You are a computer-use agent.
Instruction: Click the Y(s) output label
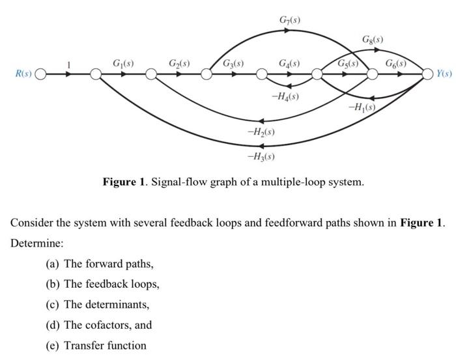pyautogui.click(x=444, y=74)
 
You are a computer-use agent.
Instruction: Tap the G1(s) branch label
pyautogui.click(x=123, y=63)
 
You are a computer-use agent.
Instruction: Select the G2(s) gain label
pyautogui.click(x=179, y=63)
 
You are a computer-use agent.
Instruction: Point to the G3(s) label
pyautogui.click(x=233, y=63)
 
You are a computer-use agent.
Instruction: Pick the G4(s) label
pyautogui.click(x=289, y=63)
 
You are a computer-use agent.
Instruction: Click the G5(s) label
pyautogui.click(x=347, y=63)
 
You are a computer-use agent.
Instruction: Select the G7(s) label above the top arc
pyautogui.click(x=289, y=20)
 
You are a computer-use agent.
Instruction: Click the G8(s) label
pyautogui.click(x=372, y=40)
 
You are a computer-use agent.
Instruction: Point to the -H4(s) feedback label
pyautogui.click(x=285, y=96)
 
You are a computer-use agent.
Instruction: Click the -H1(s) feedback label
pyautogui.click(x=362, y=107)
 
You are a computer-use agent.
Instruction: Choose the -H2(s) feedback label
pyautogui.click(x=261, y=132)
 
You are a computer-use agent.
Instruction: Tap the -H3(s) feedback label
pyautogui.click(x=261, y=156)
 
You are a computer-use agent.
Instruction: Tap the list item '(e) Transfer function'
pyautogui.click(x=96, y=345)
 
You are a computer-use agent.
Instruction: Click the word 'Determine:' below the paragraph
pyautogui.click(x=33, y=242)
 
